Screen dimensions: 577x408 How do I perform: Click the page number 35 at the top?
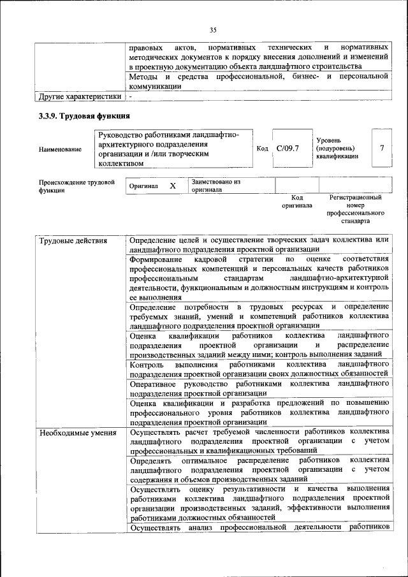[x=213, y=29]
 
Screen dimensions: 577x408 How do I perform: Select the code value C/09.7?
[x=288, y=149]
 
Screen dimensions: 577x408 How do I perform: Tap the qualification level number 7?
[x=381, y=149]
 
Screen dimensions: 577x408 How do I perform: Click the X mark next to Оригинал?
[x=172, y=186]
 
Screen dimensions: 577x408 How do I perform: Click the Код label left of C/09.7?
[x=262, y=149]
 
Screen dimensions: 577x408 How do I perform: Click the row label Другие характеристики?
[x=79, y=97]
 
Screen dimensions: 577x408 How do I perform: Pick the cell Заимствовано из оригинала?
[x=215, y=186]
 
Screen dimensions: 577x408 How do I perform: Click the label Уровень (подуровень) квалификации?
[x=337, y=149]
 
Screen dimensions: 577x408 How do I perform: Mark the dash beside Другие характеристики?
[x=130, y=97]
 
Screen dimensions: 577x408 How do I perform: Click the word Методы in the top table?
[x=144, y=77]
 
